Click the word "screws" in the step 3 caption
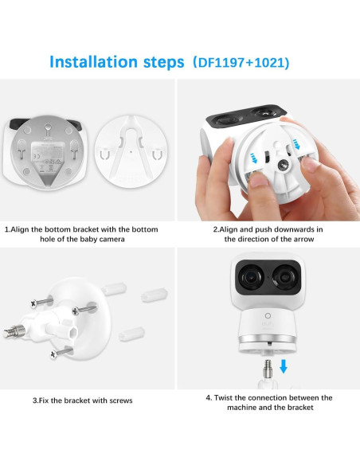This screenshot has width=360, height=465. tap(116, 400)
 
